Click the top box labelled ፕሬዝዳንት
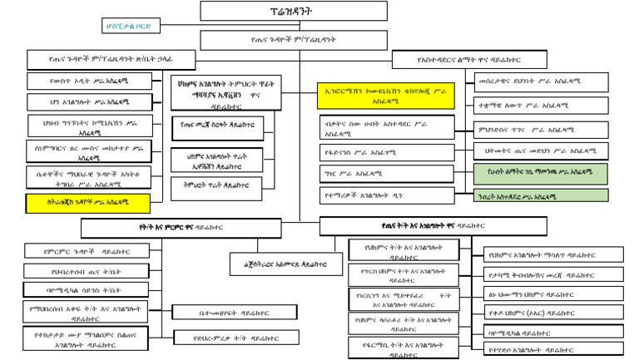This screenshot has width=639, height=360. tap(255, 11)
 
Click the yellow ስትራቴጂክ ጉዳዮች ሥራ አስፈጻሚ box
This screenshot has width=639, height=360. tap(88, 202)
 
